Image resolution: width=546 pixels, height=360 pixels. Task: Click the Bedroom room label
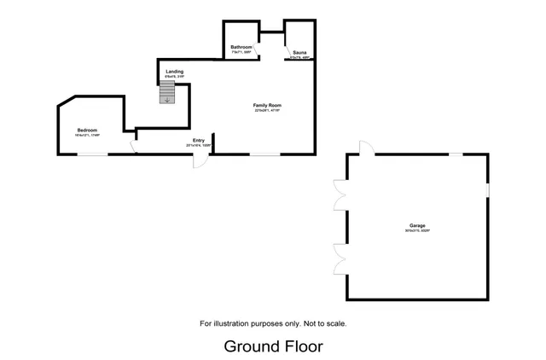point(88,131)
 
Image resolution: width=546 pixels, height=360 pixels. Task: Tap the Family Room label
point(266,105)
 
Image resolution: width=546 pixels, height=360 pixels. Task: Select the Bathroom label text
point(241,48)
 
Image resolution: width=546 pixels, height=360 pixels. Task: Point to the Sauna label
point(299,53)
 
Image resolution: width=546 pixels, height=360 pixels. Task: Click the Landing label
point(175,72)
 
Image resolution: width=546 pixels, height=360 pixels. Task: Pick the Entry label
point(199,140)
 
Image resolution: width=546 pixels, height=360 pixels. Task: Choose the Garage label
point(417,225)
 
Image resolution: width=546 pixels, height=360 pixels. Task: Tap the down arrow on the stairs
point(167,99)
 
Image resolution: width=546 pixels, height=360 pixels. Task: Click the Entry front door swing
point(199,160)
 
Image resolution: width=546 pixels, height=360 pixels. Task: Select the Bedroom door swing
point(133,146)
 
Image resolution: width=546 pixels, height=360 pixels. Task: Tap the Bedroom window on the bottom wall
point(94,154)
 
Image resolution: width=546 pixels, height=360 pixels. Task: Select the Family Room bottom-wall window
point(265,154)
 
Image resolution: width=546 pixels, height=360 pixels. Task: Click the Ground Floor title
point(273,345)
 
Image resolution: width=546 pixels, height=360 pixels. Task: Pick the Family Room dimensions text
point(266,111)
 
